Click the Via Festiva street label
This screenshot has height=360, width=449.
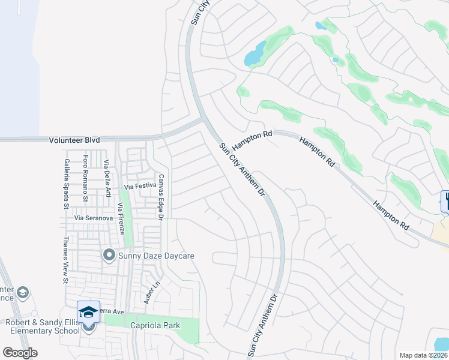coord(140,186)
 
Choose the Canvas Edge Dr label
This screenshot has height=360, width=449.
coord(161,197)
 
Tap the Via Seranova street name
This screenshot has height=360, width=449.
coord(93,218)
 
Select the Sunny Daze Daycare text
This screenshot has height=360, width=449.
coord(157,256)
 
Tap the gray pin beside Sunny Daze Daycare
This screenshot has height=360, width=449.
coord(109,256)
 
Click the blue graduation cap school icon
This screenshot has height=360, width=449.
coord(88,311)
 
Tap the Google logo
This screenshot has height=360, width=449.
coord(20,353)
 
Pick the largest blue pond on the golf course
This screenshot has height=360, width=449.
coord(255,55)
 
